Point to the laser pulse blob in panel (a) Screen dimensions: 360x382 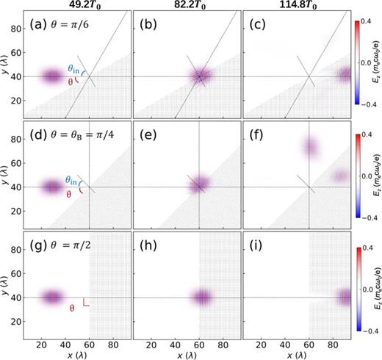51,76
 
